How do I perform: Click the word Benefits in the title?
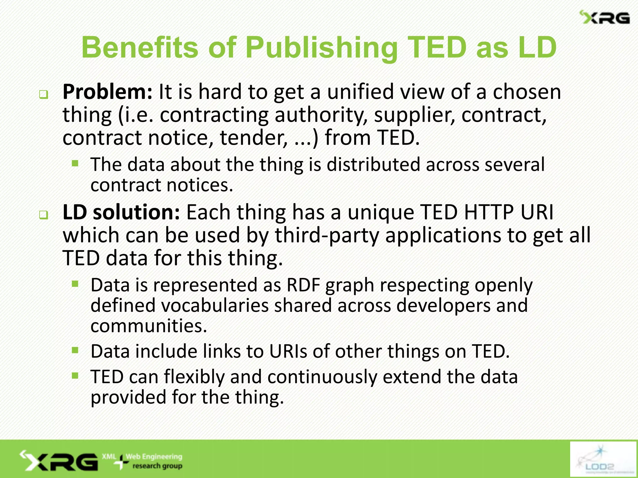(140, 47)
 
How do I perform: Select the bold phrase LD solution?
(121, 212)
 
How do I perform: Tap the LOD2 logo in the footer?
(603, 459)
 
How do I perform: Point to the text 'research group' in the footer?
(157, 466)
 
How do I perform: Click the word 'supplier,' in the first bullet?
(414, 115)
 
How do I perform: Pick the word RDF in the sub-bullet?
(303, 285)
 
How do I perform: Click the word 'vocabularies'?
(215, 305)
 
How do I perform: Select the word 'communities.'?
(149, 326)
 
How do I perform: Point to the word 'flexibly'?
(194, 377)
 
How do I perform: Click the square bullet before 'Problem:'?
(44, 95)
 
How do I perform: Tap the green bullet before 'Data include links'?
(75, 351)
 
